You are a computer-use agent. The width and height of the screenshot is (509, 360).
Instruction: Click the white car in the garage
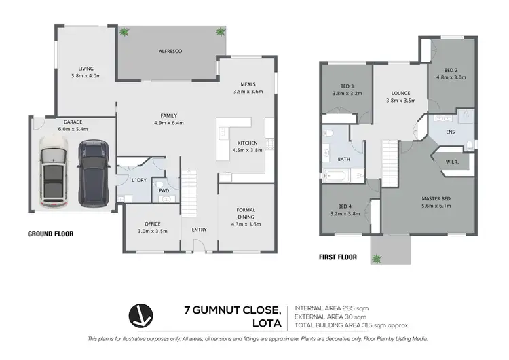click(54, 173)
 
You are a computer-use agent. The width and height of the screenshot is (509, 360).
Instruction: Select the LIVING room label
click(86, 68)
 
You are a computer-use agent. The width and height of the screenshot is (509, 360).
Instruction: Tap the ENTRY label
click(200, 230)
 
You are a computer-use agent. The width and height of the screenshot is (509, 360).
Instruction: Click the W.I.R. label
click(453, 162)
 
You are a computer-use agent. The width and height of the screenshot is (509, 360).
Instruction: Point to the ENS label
click(450, 132)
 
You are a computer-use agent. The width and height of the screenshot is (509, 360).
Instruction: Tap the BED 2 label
click(453, 70)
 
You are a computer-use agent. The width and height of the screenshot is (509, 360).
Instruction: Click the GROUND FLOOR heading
click(50, 234)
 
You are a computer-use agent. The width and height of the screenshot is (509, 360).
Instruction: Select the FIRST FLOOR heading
click(338, 257)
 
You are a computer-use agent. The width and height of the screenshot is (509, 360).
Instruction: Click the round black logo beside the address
click(143, 316)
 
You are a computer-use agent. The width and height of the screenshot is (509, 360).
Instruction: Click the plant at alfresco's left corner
click(124, 31)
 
